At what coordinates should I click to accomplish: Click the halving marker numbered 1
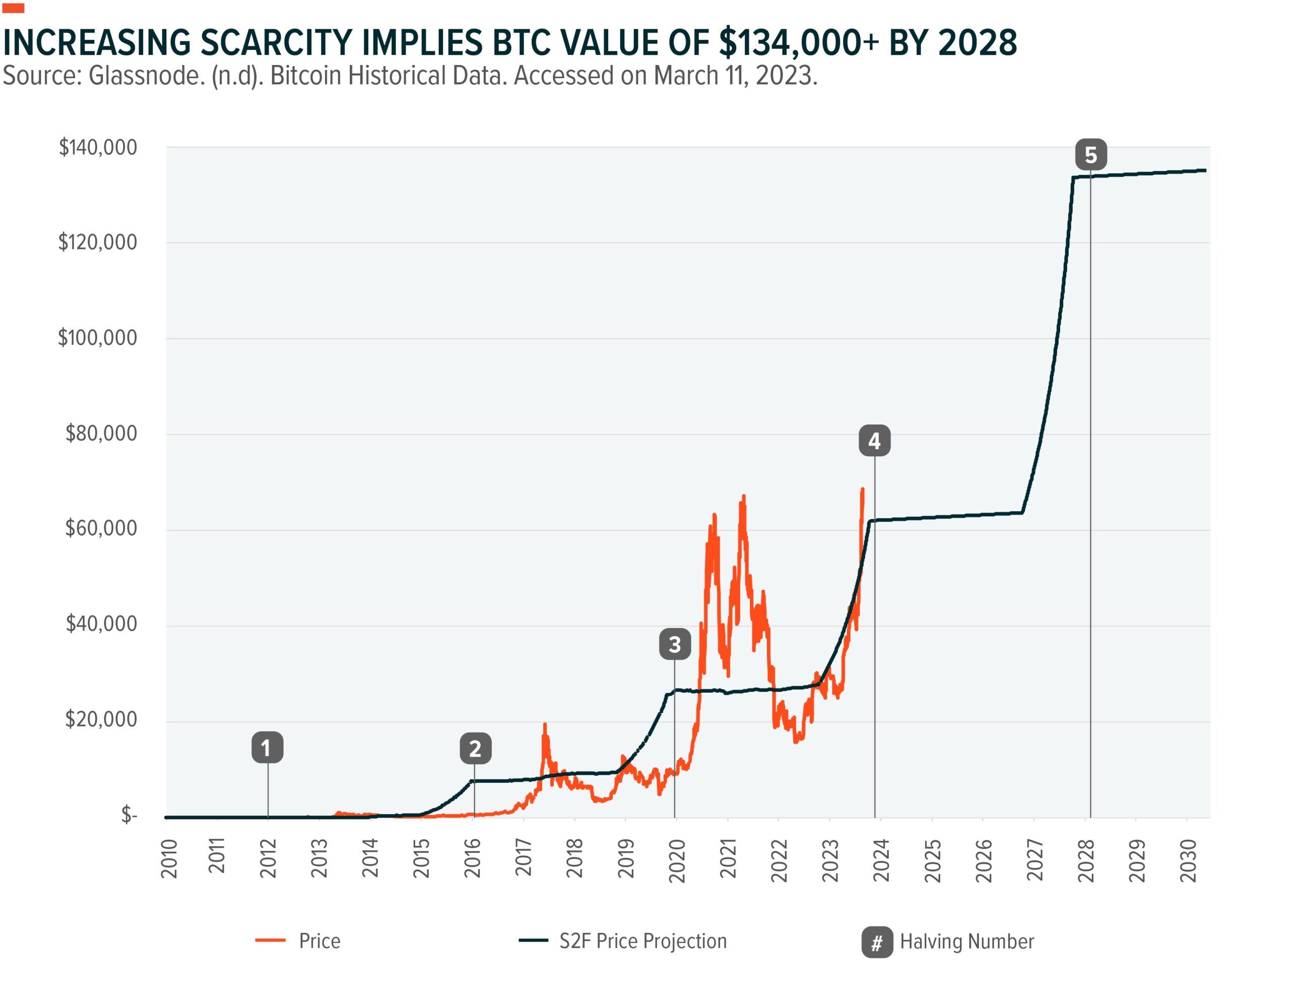pyautogui.click(x=267, y=748)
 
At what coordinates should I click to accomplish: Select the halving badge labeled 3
pyautogui.click(x=675, y=644)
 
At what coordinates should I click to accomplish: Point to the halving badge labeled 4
pyautogui.click(x=874, y=441)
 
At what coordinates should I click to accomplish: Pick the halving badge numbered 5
pyautogui.click(x=1090, y=155)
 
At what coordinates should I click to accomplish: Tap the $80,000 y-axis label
pyautogui.click(x=101, y=433)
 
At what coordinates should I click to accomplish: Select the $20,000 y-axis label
pyautogui.click(x=101, y=719)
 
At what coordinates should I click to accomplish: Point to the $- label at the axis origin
pyautogui.click(x=129, y=815)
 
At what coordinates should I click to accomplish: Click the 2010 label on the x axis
pyautogui.click(x=169, y=858)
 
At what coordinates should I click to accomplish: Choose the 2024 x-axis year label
pyautogui.click(x=881, y=860)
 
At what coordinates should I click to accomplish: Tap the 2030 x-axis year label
pyautogui.click(x=1188, y=860)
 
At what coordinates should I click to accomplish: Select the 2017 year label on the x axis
pyautogui.click(x=524, y=858)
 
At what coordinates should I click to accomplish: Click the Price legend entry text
pyautogui.click(x=319, y=941)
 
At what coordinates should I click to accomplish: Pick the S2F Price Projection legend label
pyautogui.click(x=642, y=941)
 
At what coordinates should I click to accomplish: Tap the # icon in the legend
pyautogui.click(x=877, y=942)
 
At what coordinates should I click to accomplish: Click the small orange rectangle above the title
pyautogui.click(x=13, y=8)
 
